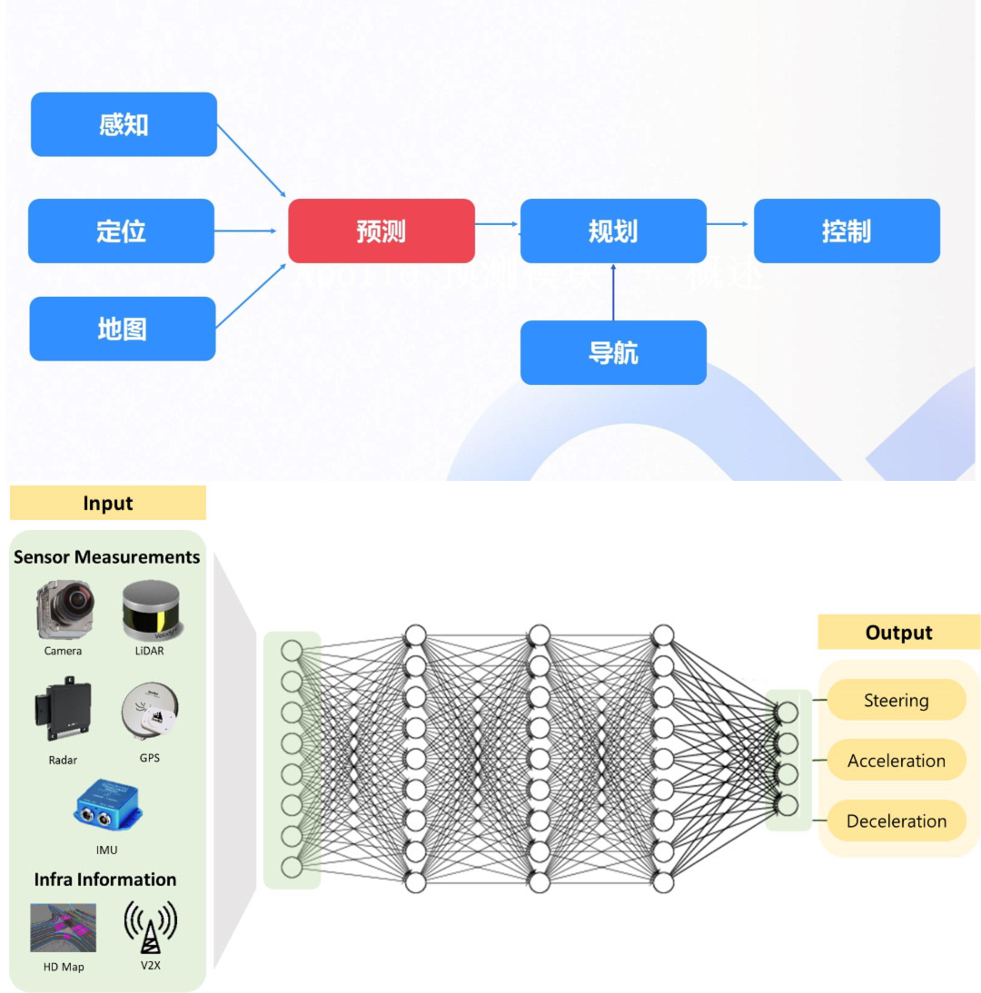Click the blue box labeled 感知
(124, 124)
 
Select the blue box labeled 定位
(121, 231)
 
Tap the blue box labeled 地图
(123, 329)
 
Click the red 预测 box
(381, 231)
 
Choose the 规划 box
(613, 231)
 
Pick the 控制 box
(847, 231)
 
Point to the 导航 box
(613, 352)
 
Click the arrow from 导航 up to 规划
(613, 292)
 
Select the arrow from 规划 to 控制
(729, 223)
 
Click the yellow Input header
(108, 503)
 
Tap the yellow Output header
(898, 632)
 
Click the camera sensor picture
(63, 612)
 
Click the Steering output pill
(896, 700)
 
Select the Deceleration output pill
(896, 821)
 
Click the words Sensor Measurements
(106, 556)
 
